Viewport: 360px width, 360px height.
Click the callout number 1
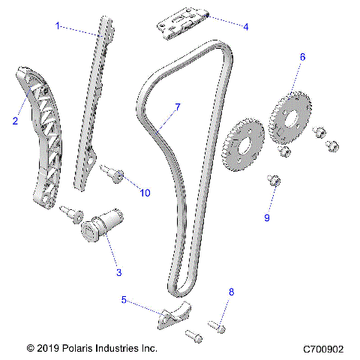point(58,25)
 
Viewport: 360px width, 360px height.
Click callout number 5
point(124,300)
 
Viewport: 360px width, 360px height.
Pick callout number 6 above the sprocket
point(302,57)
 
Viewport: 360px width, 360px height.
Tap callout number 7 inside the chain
point(178,107)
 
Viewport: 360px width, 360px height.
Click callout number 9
point(265,217)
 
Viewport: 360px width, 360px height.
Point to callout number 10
point(144,193)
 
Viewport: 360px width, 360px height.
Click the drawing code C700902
point(323,349)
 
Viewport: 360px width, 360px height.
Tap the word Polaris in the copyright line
point(82,349)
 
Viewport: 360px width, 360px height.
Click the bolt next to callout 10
point(114,175)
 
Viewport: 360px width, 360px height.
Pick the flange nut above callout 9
point(274,180)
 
